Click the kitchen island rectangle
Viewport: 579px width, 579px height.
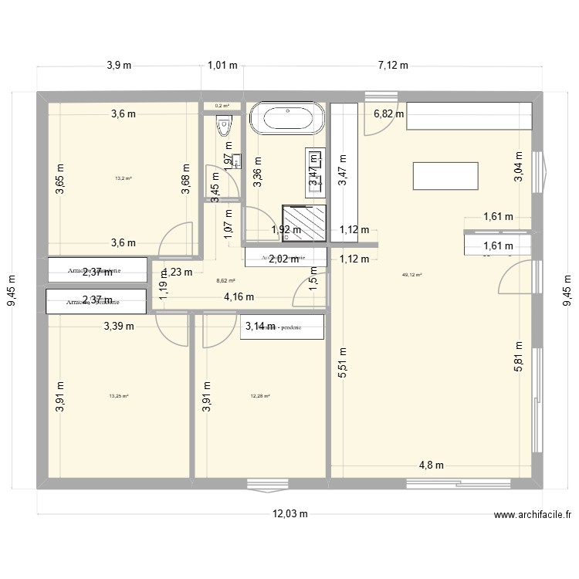tap(445, 176)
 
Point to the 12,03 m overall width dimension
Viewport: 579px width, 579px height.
tap(289, 514)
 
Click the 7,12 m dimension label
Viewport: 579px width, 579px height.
tap(393, 66)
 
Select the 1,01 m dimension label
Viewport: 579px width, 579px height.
tap(222, 66)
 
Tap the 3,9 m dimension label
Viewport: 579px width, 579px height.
tap(119, 66)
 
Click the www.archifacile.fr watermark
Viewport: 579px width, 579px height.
tap(533, 515)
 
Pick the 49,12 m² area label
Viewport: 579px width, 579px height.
tap(411, 274)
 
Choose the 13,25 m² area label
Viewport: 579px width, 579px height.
tap(119, 396)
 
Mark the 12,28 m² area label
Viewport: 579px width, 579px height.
tap(260, 396)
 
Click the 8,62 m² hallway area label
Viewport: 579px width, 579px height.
tap(225, 282)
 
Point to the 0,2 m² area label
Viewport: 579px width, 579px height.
tap(222, 106)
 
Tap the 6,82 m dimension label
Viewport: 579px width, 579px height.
tap(389, 114)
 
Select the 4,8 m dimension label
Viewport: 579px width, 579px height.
tap(432, 465)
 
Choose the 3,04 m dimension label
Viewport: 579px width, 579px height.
tap(519, 166)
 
